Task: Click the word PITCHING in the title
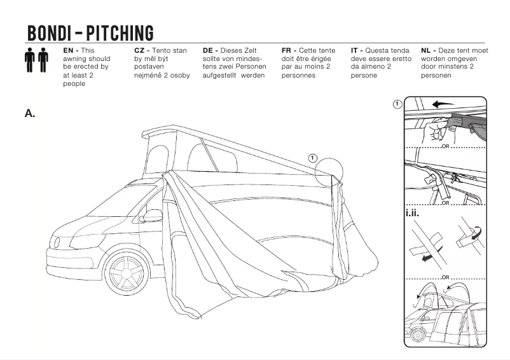[x=120, y=32]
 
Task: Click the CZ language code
[x=141, y=50]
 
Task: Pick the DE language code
[x=209, y=50]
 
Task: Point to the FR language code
[x=287, y=50]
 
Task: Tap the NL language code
[x=427, y=50]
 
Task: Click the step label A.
[x=29, y=113]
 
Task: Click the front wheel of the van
[x=125, y=273]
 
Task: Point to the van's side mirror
[x=153, y=216]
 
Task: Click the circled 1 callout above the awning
[x=312, y=157]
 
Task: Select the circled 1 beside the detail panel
[x=397, y=104]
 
